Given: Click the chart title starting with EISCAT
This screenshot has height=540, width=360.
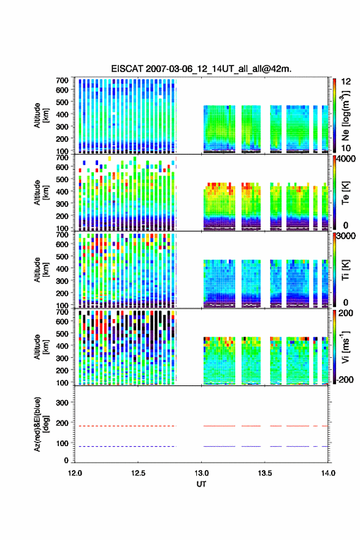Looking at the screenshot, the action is (x=201, y=69).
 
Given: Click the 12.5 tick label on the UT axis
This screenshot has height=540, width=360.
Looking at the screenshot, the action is (x=138, y=473).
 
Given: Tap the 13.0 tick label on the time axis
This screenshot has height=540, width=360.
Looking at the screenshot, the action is (x=201, y=473).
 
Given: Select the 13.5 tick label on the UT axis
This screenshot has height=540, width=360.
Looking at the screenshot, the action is (x=265, y=473).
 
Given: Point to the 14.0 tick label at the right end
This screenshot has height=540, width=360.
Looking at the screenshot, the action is (x=328, y=473).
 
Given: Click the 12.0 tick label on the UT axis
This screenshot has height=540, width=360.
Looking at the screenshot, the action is (x=75, y=473).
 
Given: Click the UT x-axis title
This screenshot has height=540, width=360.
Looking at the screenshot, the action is (x=201, y=484).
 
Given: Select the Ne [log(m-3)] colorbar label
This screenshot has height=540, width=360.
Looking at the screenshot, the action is (x=345, y=116).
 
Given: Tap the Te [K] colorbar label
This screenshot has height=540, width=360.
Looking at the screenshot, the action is (x=345, y=193).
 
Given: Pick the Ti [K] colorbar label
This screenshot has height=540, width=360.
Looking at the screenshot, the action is (x=345, y=269).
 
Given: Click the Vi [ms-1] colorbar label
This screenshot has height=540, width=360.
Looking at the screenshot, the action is (x=345, y=347).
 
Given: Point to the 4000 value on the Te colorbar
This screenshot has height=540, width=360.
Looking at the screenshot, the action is (x=346, y=159).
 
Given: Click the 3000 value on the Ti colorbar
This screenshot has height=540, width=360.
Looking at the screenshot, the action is (x=346, y=236).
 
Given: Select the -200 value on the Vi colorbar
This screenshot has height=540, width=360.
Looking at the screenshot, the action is (x=345, y=379).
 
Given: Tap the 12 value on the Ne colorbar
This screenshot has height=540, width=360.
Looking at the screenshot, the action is (x=346, y=82).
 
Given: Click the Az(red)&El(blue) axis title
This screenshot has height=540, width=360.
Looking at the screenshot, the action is (x=41, y=424).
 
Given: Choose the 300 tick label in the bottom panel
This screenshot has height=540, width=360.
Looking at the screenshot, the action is (x=62, y=403).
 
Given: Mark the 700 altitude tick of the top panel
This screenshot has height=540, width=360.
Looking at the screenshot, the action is (x=62, y=80).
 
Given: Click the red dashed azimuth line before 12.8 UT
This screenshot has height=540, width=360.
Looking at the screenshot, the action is (x=125, y=426).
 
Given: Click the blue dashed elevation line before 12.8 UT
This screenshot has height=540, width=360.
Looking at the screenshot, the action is (x=125, y=446).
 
